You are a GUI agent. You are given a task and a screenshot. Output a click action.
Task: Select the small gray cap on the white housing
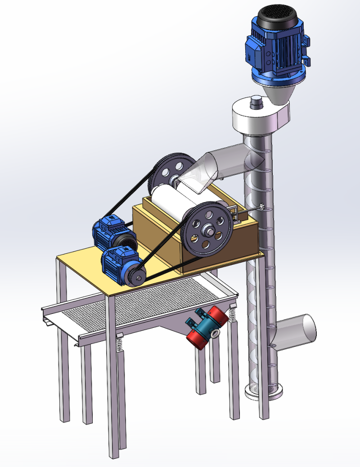coord(256,101)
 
